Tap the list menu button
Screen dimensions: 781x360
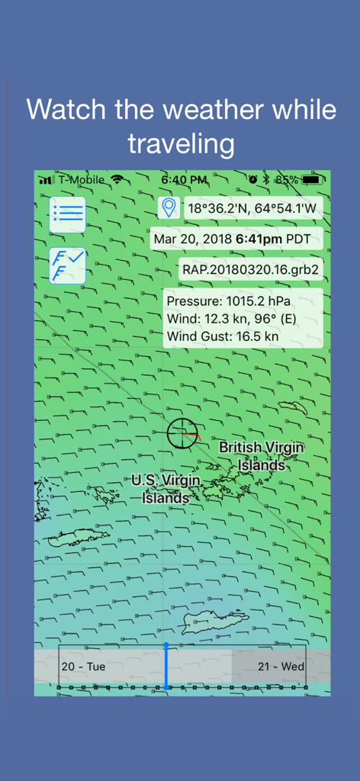[68, 214]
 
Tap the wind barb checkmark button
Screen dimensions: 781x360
[68, 265]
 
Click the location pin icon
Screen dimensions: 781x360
[169, 207]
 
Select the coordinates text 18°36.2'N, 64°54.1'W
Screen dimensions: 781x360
[252, 208]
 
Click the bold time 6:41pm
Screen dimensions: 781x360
[259, 239]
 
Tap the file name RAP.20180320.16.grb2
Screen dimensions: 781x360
[250, 269]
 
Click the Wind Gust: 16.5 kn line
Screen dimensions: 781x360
[223, 336]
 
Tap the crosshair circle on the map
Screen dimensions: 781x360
[182, 433]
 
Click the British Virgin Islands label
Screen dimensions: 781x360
[261, 455]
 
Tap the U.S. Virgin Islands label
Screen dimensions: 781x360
[166, 489]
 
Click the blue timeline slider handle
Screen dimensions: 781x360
[166, 666]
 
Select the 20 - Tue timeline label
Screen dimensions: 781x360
[83, 666]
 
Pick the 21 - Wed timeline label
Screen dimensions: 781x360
[281, 666]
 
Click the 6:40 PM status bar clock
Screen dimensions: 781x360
[184, 180]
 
